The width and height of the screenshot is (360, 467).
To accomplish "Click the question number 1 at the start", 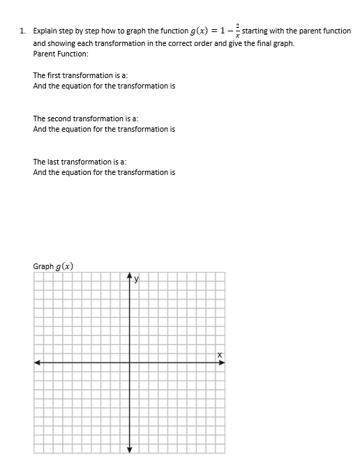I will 22,31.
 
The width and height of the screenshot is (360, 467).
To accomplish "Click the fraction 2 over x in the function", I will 238,31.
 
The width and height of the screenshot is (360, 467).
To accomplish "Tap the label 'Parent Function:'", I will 61,54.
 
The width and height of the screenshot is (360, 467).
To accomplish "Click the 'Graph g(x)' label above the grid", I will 54,266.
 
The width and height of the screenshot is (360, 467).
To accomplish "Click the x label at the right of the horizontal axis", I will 218,355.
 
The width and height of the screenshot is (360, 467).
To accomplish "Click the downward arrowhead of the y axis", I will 129,448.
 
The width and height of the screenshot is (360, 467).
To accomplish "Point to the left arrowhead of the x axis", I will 38,362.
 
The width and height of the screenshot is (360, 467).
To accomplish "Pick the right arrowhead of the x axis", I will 221,362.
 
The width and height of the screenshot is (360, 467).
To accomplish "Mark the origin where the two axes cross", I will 129,362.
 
